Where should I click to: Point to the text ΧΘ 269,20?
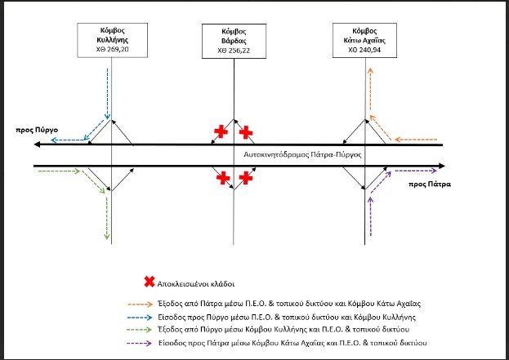click(112, 49)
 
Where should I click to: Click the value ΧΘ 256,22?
click(234, 51)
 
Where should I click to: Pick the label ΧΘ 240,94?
click(364, 50)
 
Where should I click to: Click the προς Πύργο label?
click(37, 130)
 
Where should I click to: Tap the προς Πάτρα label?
click(430, 184)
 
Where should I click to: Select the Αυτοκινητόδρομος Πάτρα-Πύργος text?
click(302, 155)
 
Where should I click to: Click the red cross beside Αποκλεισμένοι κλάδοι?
click(150, 282)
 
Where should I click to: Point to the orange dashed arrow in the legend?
click(141, 304)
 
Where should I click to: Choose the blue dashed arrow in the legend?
click(141, 318)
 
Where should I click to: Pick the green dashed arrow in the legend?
click(141, 330)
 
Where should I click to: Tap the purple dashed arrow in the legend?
click(141, 343)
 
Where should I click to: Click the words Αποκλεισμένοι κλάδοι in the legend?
click(196, 284)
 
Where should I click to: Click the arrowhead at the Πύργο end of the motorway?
click(37, 144)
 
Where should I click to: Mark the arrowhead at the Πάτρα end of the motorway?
click(442, 166)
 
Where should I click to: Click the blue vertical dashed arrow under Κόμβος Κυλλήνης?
click(108, 93)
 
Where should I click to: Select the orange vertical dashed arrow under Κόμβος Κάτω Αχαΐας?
click(370, 90)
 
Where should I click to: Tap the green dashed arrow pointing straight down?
click(107, 218)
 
